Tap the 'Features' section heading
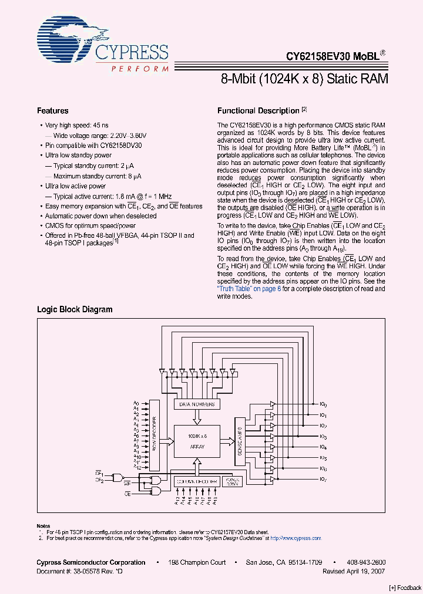click(53, 111)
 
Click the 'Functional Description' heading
click(258, 111)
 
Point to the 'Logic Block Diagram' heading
click(75, 309)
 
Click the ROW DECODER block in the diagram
click(155, 435)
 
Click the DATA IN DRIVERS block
click(197, 404)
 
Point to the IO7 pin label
click(323, 480)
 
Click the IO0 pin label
click(323, 404)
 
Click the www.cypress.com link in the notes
click(303, 538)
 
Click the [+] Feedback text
click(405, 588)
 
